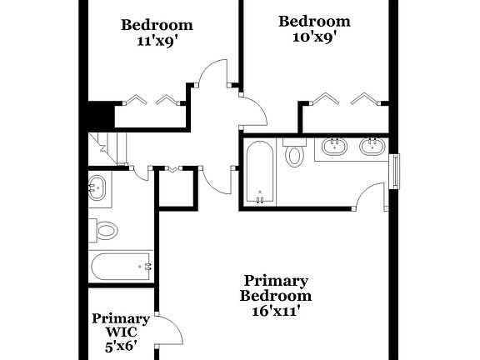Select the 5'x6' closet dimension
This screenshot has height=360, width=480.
coord(120,344)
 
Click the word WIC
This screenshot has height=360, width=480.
coord(120,332)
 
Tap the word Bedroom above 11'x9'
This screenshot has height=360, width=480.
coord(157,25)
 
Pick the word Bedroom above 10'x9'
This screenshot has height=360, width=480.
coord(313,22)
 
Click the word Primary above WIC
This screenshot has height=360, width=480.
coord(121,318)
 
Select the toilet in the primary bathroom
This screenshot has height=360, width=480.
coord(295,154)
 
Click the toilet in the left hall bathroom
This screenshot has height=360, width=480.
coord(105,229)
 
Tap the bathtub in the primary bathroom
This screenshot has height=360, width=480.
coord(260,172)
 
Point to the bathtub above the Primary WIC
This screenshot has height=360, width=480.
coord(121,267)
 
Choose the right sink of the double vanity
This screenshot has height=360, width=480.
coord(372,147)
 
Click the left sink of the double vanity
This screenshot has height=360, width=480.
coord(333,147)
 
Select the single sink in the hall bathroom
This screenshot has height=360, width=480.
coord(98,187)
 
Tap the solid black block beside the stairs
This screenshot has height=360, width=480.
coord(100,114)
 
